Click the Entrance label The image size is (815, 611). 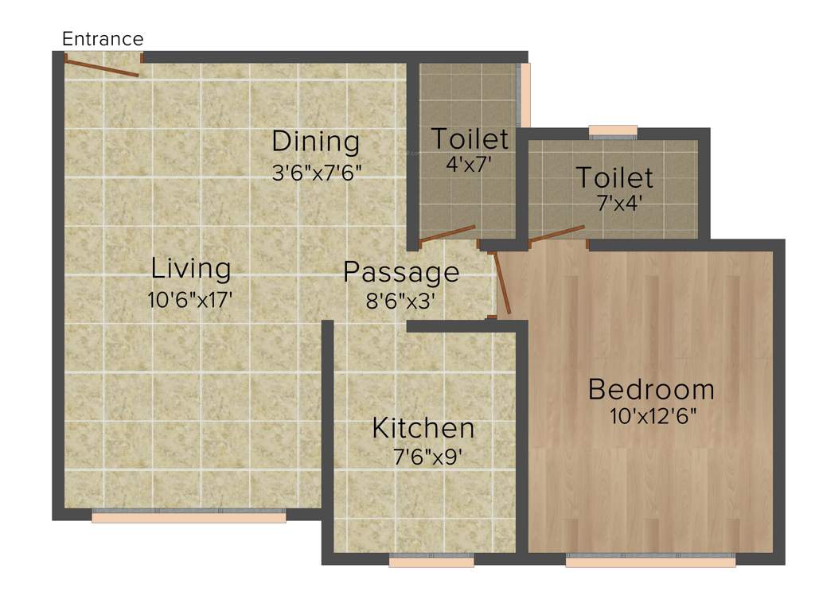[x=103, y=39]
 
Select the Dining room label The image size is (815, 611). [x=316, y=142]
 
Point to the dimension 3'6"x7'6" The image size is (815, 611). [x=317, y=173]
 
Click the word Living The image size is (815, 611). [x=191, y=269]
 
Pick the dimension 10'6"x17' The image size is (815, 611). [x=190, y=301]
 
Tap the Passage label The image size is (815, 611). [x=401, y=272]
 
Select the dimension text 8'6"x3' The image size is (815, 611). [x=400, y=302]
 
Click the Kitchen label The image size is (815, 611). [x=423, y=428]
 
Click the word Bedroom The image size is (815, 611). [x=651, y=390]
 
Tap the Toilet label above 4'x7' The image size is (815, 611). [x=470, y=138]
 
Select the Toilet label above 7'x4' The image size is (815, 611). [x=614, y=177]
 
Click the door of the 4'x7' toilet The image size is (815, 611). [x=447, y=233]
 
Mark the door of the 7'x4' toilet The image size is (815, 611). [x=557, y=233]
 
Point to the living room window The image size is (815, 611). [x=189, y=517]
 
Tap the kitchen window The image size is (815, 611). [x=431, y=562]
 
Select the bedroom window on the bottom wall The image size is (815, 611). [x=650, y=562]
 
